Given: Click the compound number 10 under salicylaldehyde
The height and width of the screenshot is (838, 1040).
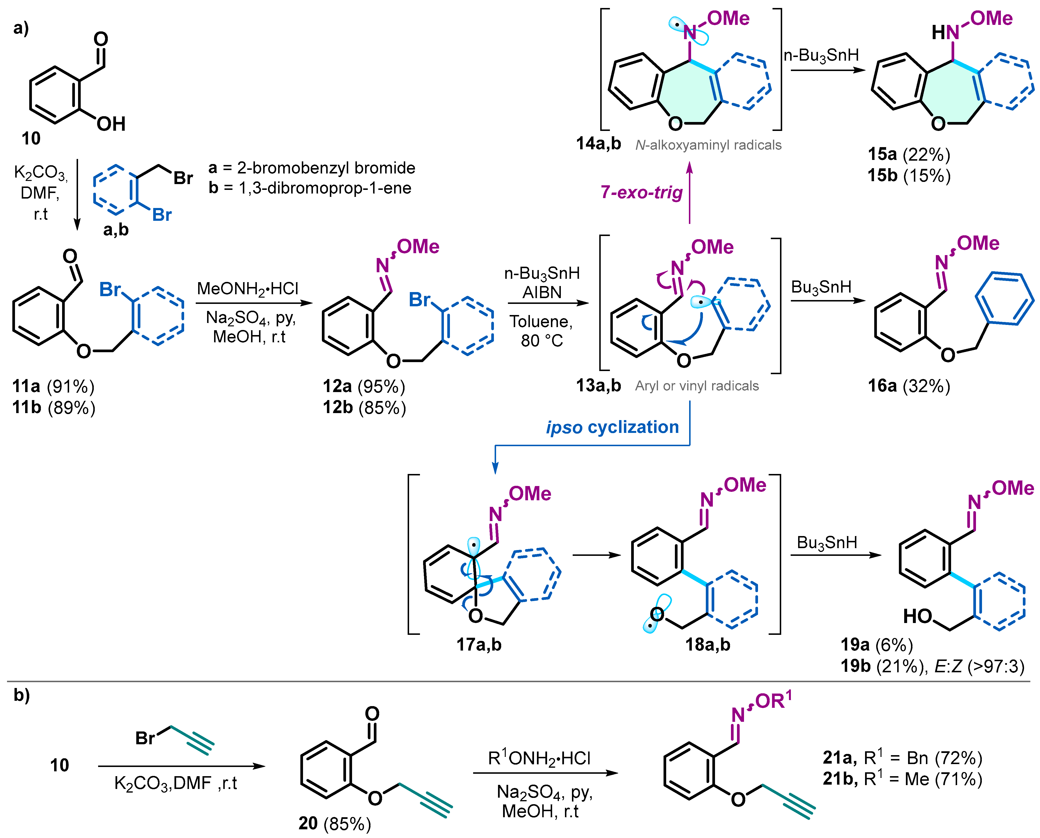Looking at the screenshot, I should coord(31,139).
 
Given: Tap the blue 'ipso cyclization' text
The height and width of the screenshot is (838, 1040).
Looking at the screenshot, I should coord(612,427).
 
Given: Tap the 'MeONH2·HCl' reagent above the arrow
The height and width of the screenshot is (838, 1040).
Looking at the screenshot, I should coord(248,289).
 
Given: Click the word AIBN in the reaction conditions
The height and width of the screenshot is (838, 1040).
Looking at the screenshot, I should coord(542,293).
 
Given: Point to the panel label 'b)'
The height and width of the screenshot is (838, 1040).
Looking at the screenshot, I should coord(21,695).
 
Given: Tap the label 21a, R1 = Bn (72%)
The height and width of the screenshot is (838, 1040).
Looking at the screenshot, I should coord(902,758).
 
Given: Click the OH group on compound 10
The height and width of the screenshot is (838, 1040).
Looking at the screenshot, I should coord(111,124).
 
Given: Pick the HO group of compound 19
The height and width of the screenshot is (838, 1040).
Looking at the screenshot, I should coord(917,616).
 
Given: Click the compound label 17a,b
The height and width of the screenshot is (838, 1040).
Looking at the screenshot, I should coord(479,645).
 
